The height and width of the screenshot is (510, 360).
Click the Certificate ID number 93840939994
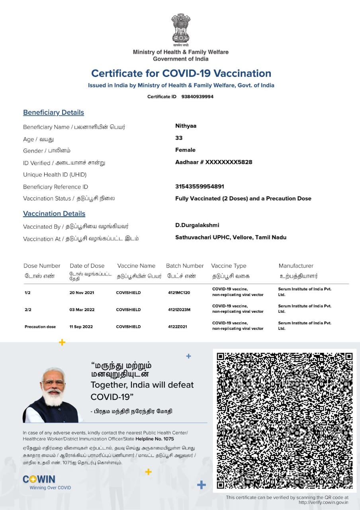coord(197,96)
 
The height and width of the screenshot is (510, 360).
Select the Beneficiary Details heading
coord(53,112)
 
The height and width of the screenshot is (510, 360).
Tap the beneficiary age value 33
coord(179,138)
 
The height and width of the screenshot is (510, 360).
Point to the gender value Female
coord(185,150)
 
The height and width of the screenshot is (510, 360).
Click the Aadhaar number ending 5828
coord(213,162)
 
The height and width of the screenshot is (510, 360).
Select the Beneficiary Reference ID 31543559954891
coord(200,186)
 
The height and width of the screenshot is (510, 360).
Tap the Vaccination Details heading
coord(54,214)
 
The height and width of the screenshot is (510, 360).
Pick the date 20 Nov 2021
coord(82,292)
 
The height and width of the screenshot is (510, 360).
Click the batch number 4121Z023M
coord(179,310)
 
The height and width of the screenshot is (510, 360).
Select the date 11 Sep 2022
coord(81,327)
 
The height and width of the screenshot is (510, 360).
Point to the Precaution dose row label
coord(40,327)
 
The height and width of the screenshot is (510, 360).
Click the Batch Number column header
coord(185,266)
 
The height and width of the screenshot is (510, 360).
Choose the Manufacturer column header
coord(296,266)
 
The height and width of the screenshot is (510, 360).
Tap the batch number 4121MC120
coord(179,292)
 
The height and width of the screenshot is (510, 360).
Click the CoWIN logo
coord(39,479)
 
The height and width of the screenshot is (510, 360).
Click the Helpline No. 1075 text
coord(157,439)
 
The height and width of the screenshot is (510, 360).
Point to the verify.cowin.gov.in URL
coord(323,502)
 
